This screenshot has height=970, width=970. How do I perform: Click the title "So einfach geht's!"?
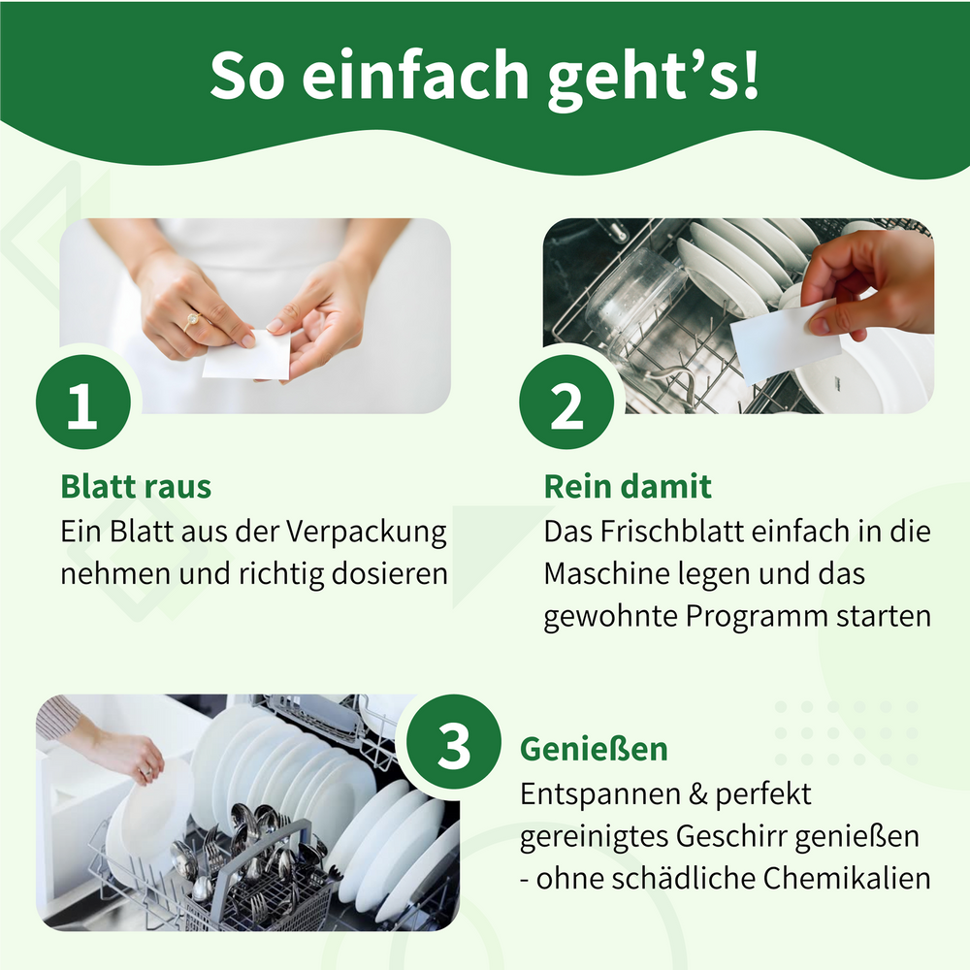485,76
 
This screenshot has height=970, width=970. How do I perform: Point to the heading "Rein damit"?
628,486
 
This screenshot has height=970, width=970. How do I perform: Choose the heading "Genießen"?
594,749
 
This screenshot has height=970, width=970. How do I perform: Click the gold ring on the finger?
193,319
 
